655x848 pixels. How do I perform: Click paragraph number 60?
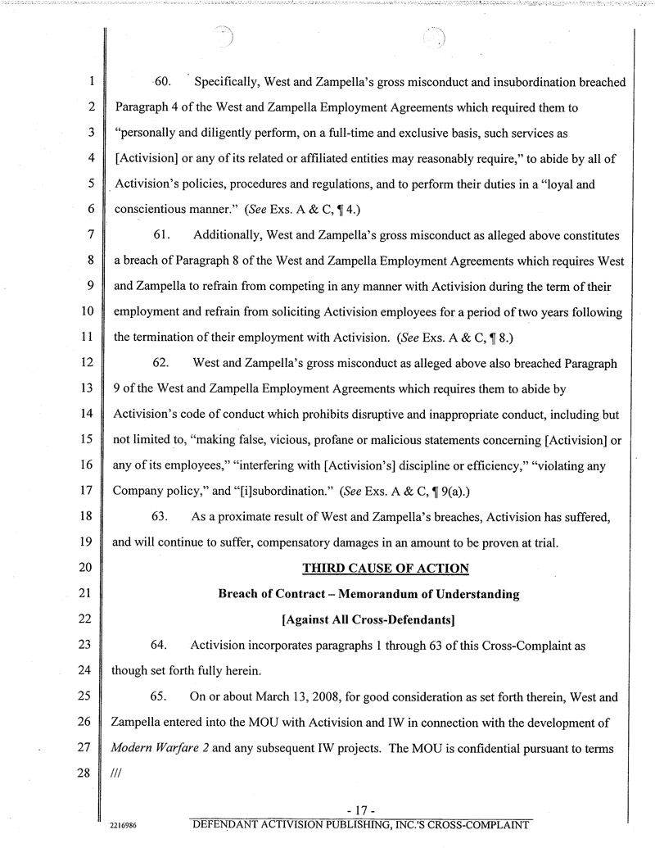[x=161, y=83]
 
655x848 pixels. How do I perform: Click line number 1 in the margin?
[x=93, y=83]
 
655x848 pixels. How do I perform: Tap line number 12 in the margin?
[x=89, y=363]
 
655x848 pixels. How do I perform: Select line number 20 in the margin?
[x=89, y=569]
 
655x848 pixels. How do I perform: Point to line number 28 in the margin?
[x=89, y=773]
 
